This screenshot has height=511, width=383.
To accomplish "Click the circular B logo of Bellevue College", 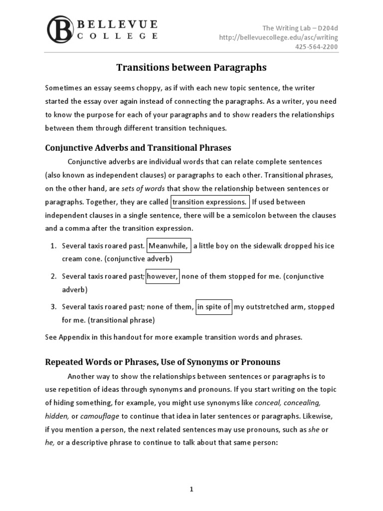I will pos(60,29).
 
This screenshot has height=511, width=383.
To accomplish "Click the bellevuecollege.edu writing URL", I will pos(279,37).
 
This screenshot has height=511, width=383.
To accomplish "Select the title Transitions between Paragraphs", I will pos(191,67).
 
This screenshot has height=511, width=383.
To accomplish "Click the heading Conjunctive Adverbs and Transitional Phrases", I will pos(138,148).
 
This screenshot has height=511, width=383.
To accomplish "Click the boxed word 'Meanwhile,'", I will pos(169,246).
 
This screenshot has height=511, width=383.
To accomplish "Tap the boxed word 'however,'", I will pos(163,276).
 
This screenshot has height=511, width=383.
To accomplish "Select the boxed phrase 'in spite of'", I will pos(213,307).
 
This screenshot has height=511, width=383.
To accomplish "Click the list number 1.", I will pos(54,246).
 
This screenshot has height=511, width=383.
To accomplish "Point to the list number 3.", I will pos(54,307).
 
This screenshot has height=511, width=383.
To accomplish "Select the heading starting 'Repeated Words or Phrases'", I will pos(163,362).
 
